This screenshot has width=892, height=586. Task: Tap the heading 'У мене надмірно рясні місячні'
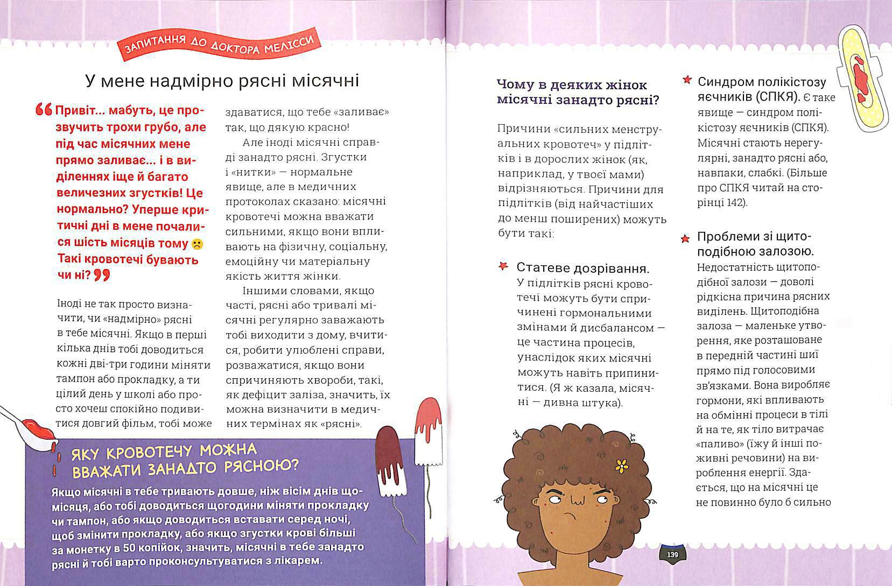coord(222,81)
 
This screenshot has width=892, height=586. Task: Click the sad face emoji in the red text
coord(197,244)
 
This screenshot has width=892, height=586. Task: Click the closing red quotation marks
coord(101,276)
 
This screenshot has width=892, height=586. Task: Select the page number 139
coord(672,555)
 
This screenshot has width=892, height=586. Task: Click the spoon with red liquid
coord(30,426)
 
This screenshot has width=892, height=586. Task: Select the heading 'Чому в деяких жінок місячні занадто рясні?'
coord(578,93)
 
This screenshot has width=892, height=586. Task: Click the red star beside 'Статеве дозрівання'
coord(503,266)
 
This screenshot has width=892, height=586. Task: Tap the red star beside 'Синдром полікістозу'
coord(687,80)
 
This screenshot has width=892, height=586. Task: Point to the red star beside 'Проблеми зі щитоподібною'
coord(685,238)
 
